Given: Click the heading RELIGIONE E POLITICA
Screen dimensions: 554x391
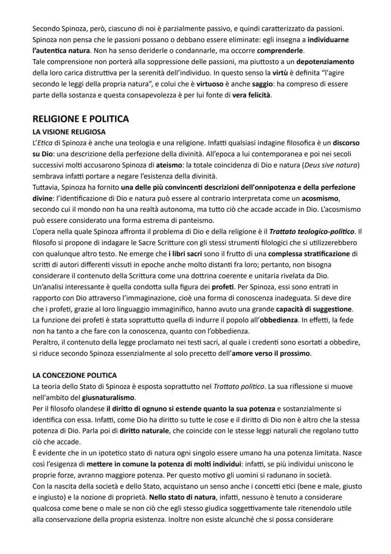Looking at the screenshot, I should pyautogui.click(x=80, y=119).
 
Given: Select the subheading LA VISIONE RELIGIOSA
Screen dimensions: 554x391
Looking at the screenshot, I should pyautogui.click(x=69, y=131).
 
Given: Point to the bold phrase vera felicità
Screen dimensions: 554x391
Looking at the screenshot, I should pyautogui.click(x=252, y=95).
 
